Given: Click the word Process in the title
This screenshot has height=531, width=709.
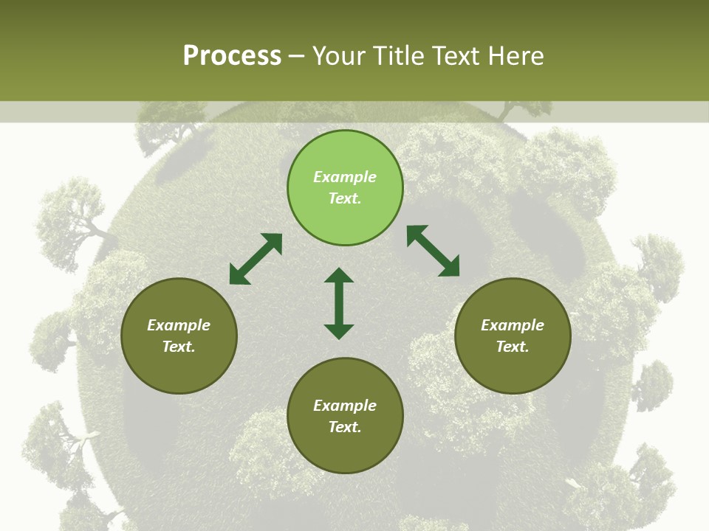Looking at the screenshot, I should pos(232,55).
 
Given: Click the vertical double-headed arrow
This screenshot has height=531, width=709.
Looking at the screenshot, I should pos(339,303).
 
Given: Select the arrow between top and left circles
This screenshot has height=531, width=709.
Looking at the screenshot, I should pos(256,259).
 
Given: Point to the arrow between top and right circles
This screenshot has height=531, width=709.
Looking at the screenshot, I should pos(433,251).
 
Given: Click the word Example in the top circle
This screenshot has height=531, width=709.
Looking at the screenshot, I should pos(345,177).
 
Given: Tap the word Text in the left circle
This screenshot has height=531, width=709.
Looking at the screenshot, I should pos(178,347).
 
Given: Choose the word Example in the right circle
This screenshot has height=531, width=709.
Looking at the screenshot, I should pos(513,325).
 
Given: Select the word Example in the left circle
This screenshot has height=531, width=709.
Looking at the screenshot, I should pos(179,325).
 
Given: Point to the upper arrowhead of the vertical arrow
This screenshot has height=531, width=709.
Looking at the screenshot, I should pos(339,275).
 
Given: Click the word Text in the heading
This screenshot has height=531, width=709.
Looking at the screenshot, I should pos(453,55).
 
